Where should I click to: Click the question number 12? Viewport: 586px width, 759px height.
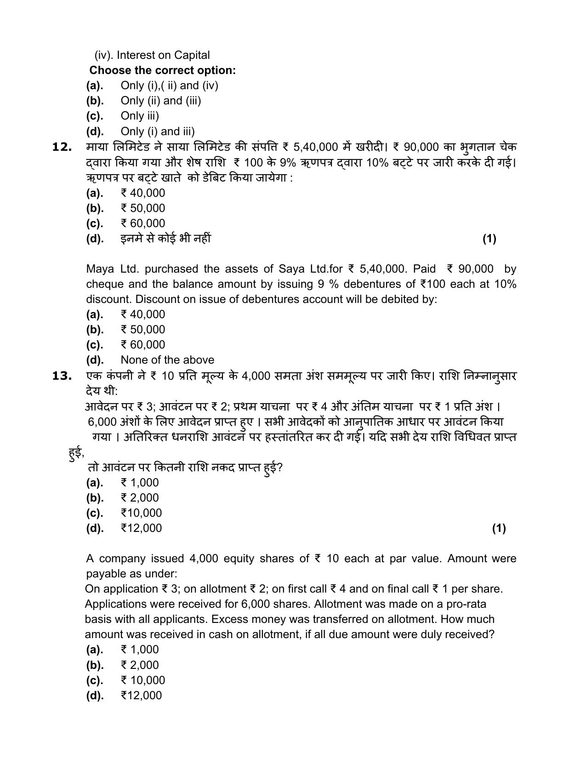click(x=63, y=147)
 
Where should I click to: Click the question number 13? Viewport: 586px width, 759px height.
click(x=63, y=376)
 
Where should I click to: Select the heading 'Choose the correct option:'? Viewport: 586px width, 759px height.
click(x=162, y=70)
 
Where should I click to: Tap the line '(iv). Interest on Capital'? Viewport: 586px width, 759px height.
click(x=152, y=55)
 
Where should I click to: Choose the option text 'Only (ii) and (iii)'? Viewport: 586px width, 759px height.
click(x=161, y=101)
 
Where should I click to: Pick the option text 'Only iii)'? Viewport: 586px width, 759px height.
click(x=140, y=116)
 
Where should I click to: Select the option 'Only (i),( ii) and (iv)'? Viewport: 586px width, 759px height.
click(x=169, y=86)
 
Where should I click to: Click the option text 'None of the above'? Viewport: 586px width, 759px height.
click(x=167, y=360)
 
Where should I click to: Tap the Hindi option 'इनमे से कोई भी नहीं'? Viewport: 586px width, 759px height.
click(x=165, y=239)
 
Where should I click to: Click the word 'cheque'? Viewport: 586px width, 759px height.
click(x=103, y=284)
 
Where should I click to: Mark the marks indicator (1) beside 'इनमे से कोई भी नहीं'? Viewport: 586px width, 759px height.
click(x=489, y=239)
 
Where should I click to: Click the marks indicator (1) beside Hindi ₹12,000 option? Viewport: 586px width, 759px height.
click(x=499, y=528)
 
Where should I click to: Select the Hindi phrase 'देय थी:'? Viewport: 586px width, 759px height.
click(x=102, y=391)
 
